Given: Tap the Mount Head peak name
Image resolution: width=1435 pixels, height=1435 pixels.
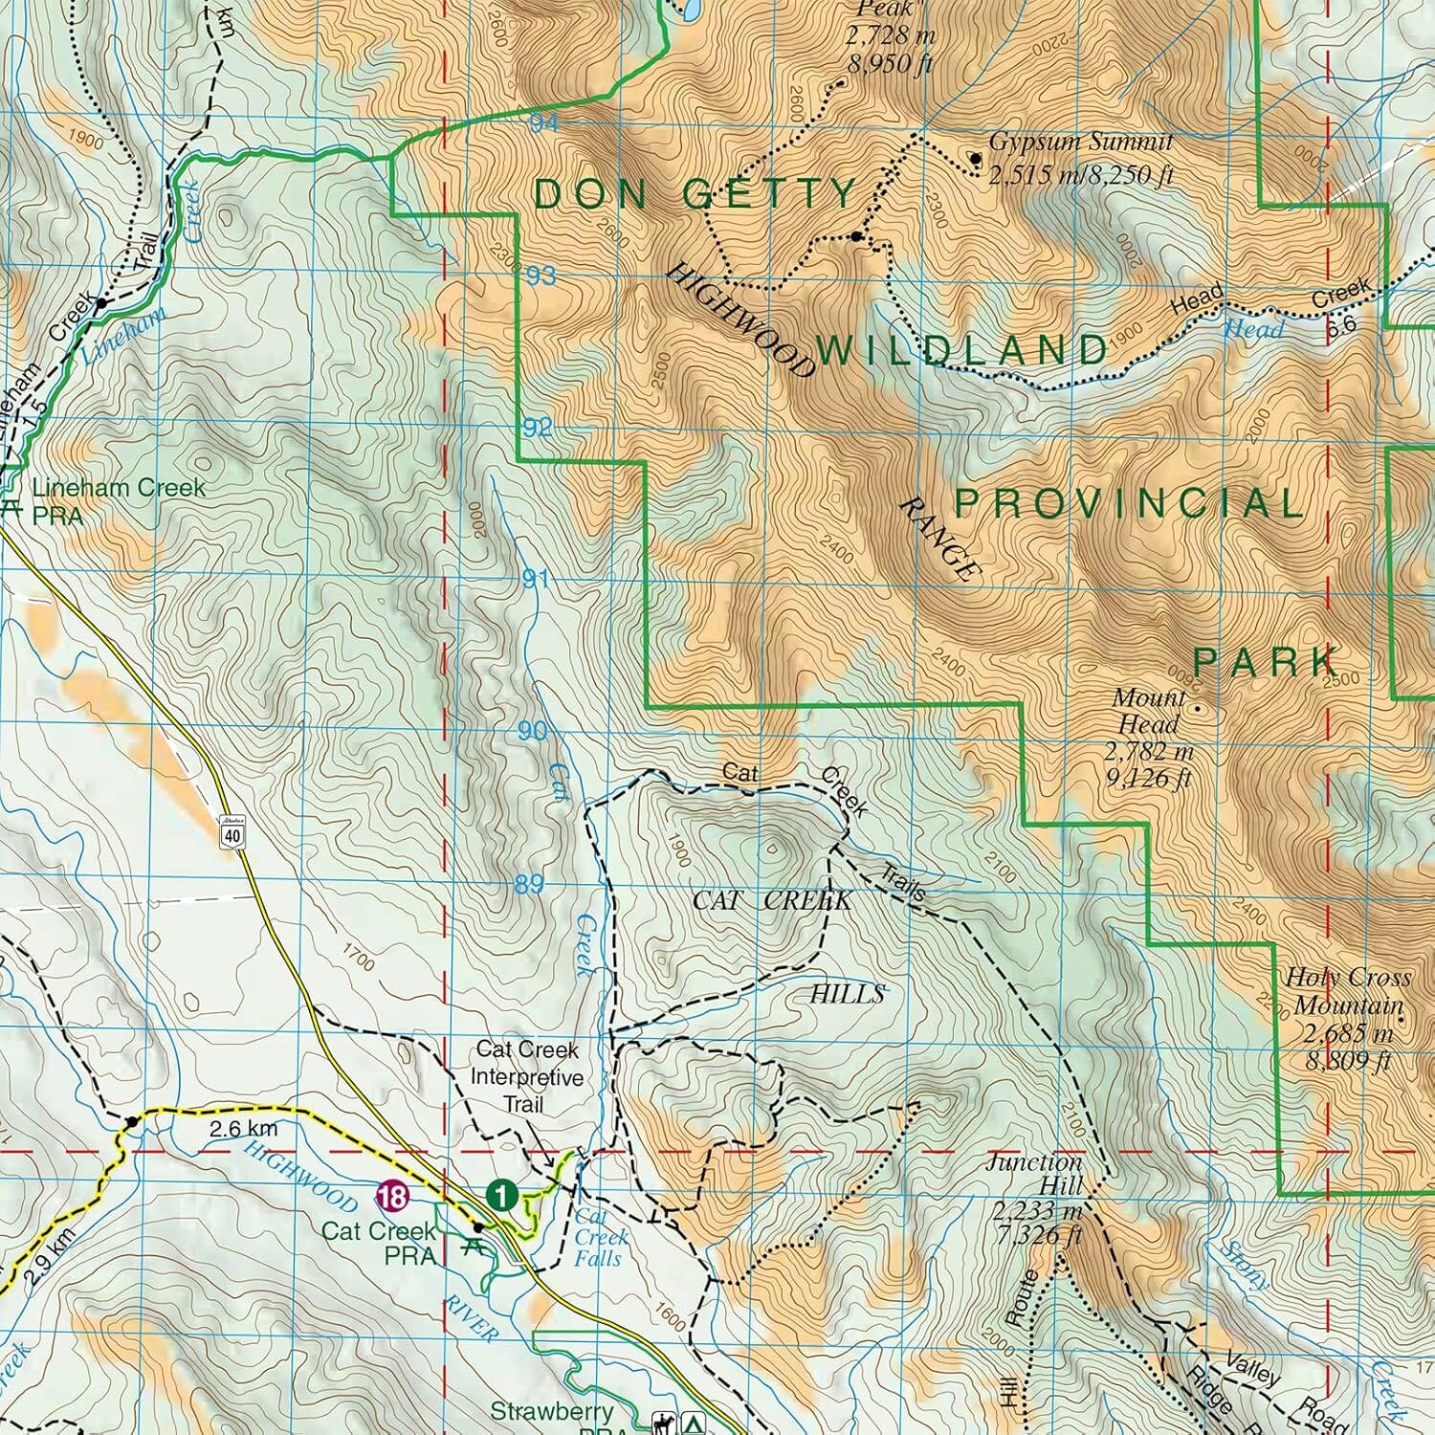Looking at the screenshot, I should coord(1148,711).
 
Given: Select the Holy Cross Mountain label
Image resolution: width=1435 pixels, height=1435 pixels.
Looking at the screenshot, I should coord(1347,991).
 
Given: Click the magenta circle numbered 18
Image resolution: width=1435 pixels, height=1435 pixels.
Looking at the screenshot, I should coord(392,1196).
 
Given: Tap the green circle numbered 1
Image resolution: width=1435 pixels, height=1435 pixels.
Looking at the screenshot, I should coord(502,1194).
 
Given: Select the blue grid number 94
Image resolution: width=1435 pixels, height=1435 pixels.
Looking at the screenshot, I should coord(543,123).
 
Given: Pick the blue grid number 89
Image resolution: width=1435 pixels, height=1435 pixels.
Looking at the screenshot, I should coord(529,885).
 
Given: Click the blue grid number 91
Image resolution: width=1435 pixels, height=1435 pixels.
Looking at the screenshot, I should coord(536,580).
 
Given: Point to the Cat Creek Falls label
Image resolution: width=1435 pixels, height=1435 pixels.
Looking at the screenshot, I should coord(598,1238).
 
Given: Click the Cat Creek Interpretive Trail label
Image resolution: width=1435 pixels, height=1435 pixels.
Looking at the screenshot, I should coord(526,1076).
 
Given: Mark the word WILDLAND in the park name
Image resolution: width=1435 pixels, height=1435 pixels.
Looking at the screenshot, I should coord(961,350).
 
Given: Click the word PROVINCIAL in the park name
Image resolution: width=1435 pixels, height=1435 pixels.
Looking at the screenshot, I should coord(1129,503).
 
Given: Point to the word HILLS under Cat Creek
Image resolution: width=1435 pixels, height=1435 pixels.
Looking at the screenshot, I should coord(847,994).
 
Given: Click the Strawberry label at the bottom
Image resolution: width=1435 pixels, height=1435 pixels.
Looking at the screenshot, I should coord(551,1411).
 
